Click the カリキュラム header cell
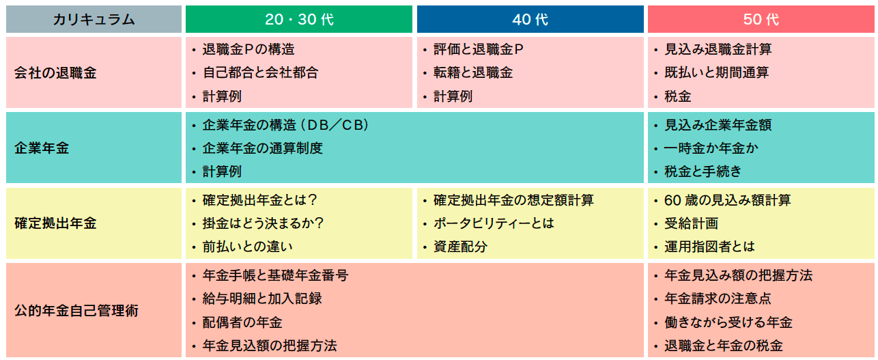94,19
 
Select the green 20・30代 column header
298,19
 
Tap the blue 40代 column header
530,19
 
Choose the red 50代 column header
761,19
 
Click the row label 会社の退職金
55,73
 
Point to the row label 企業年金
42,148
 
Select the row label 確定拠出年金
55,223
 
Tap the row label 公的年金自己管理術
76,310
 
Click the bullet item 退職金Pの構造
249,49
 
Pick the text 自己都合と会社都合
260,72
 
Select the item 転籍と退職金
473,72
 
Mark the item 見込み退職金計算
718,49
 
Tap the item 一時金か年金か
711,148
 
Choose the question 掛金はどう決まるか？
263,223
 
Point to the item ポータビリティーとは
494,223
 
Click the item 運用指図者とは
709,247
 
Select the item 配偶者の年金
242,322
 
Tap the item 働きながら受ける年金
728,322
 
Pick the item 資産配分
460,247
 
